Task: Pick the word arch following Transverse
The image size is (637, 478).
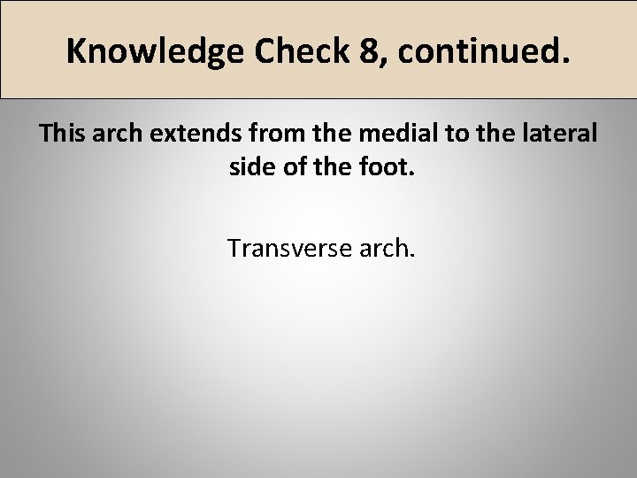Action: pos(387,248)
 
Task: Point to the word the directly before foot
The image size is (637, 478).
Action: pos(337,168)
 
